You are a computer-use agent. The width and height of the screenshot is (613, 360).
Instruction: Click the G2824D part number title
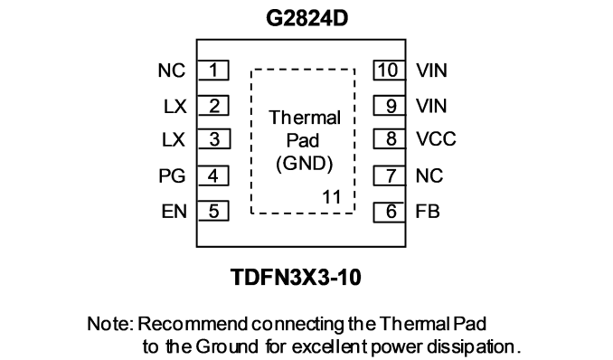(x=306, y=18)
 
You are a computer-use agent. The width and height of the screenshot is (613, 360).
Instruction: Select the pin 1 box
(x=212, y=71)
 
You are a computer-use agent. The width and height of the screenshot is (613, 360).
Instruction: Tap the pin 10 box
(x=389, y=71)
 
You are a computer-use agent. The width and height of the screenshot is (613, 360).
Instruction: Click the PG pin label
(x=172, y=175)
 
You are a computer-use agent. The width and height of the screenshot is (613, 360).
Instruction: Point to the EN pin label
(x=174, y=212)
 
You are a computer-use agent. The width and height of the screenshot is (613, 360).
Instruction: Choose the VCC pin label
(x=436, y=139)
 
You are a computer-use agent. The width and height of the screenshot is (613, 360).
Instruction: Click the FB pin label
(x=428, y=212)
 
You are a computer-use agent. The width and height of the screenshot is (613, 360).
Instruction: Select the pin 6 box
(x=389, y=212)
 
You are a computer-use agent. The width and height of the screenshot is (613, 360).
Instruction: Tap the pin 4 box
(x=212, y=175)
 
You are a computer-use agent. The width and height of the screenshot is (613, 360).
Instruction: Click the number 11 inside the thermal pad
(x=332, y=197)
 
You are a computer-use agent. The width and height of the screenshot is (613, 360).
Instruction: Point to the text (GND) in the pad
(x=305, y=164)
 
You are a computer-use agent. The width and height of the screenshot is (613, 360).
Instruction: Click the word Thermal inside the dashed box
(x=305, y=118)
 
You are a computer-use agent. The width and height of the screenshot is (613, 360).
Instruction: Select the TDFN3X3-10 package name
(x=296, y=277)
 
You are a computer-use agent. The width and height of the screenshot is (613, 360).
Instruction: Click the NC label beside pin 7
(x=429, y=175)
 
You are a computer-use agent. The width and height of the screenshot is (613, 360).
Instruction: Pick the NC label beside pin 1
(x=171, y=71)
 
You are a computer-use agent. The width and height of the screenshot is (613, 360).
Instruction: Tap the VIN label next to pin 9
(x=431, y=106)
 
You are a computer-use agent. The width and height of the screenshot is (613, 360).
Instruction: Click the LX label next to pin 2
(x=174, y=107)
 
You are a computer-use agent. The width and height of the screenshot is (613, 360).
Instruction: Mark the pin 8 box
(x=389, y=139)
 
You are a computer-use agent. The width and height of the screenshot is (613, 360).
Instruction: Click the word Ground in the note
(x=227, y=346)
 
